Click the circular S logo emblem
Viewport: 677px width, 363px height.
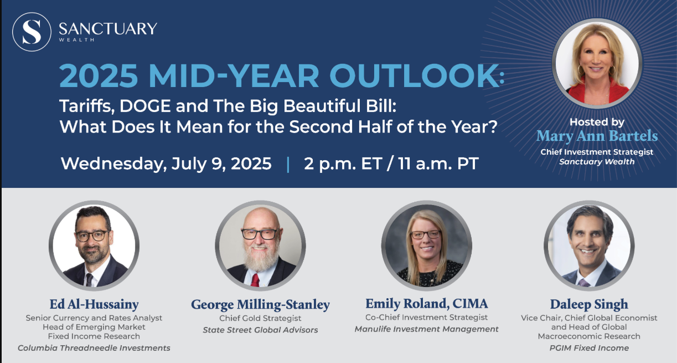tap(32, 32)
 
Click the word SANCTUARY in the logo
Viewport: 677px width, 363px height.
tap(108, 29)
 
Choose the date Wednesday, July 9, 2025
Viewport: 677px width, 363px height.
tap(166, 163)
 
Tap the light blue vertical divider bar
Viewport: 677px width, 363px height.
tap(288, 165)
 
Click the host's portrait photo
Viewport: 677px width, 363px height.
tap(597, 63)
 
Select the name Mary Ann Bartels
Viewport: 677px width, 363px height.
tap(597, 136)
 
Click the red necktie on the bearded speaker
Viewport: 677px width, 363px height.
tap(255, 280)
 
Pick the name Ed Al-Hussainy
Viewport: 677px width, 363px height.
tap(94, 304)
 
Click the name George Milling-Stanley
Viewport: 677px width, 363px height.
tap(260, 305)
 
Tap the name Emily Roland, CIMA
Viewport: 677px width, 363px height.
tap(426, 304)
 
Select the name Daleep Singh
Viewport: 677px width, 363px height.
tap(589, 305)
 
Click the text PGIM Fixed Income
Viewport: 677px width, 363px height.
tap(589, 348)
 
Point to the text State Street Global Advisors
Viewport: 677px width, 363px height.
tap(260, 330)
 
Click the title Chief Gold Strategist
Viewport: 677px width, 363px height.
tap(260, 318)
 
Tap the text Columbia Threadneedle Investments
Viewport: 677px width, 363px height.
tap(94, 348)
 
